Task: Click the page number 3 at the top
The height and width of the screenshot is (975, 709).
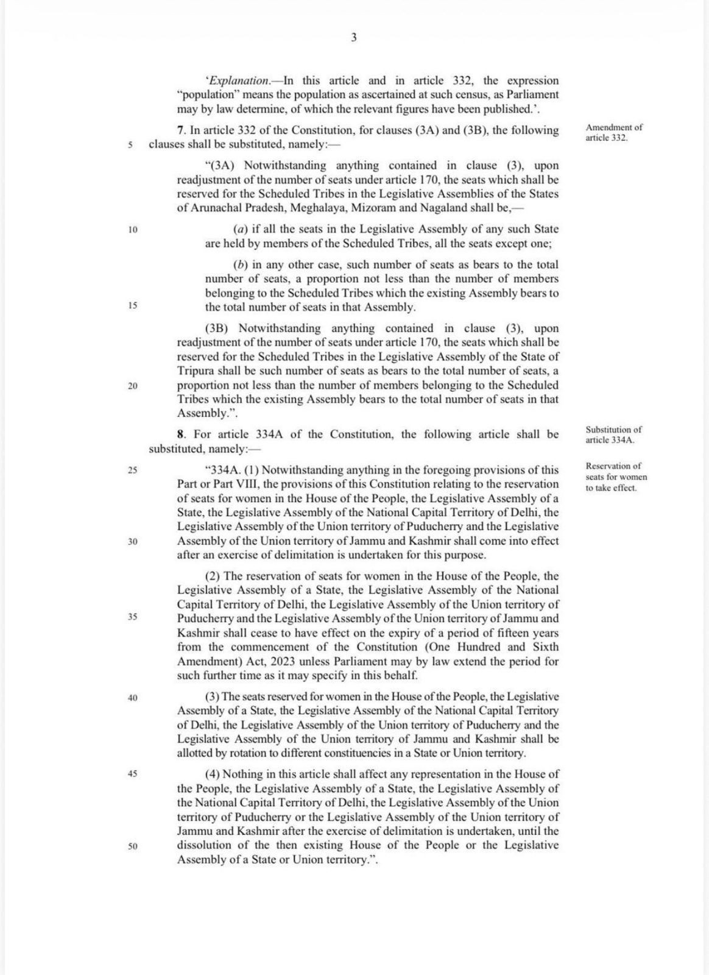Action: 354,38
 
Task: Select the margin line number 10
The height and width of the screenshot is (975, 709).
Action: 133,230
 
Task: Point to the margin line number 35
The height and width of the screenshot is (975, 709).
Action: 133,617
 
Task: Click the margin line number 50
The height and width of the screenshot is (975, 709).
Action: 133,846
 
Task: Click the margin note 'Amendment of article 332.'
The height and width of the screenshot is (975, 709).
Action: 613,133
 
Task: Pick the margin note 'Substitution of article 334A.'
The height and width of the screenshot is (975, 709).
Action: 613,434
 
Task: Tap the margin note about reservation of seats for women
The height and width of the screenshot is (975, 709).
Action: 616,477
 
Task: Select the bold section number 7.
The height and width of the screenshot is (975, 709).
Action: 180,130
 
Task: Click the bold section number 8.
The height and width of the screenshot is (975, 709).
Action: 180,434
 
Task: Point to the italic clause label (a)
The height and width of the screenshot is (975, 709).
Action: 240,230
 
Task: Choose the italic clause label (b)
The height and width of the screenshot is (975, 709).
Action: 240,265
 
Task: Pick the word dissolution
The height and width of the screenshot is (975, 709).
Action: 205,845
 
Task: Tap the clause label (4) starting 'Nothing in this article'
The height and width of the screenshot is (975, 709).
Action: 213,775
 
